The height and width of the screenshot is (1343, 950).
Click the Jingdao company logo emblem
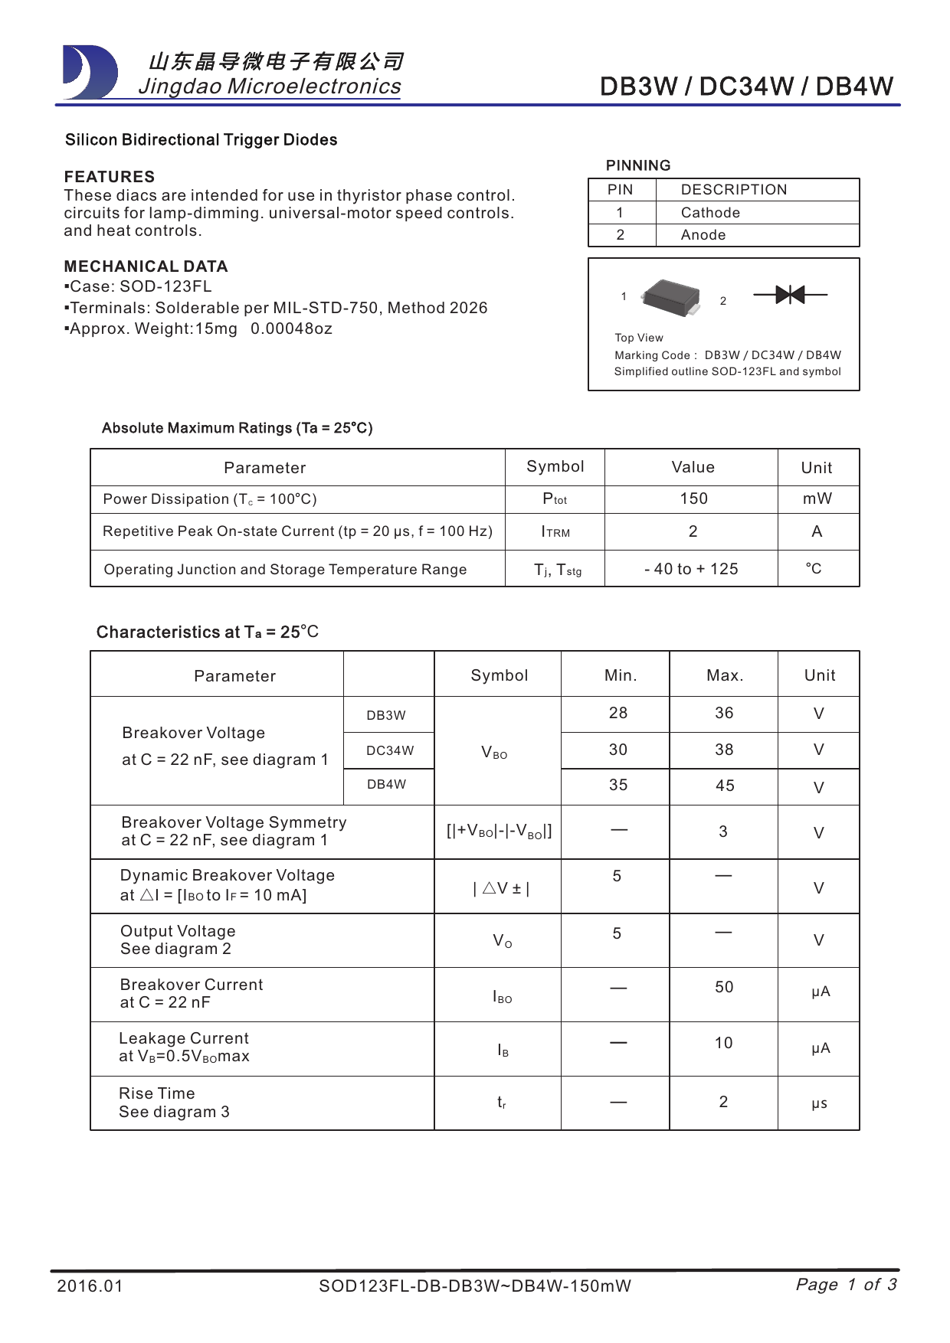click(x=90, y=73)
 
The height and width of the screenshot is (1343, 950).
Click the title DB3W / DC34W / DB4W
click(x=746, y=87)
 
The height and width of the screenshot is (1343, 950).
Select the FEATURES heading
click(x=110, y=177)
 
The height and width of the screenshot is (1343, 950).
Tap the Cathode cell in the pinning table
click(x=710, y=213)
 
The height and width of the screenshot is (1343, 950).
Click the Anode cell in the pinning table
click(x=703, y=235)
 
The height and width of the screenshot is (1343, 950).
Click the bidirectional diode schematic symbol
click(x=790, y=294)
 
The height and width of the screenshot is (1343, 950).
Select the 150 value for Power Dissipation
click(x=693, y=498)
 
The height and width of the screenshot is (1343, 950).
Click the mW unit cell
click(x=817, y=498)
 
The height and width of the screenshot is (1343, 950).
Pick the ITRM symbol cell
click(x=555, y=531)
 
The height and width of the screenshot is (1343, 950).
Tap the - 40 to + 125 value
click(x=691, y=569)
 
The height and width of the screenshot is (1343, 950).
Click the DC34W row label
click(x=389, y=750)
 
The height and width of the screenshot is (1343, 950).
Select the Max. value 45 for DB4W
click(x=724, y=786)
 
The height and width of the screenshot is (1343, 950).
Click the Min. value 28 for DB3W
click(x=617, y=713)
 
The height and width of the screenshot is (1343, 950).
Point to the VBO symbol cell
click(x=495, y=753)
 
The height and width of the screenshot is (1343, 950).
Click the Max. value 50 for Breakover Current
click(x=724, y=987)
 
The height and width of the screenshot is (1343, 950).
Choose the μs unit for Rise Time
click(x=819, y=1103)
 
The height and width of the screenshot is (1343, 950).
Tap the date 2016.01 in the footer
click(x=90, y=1286)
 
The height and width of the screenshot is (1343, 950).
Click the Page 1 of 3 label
click(x=846, y=1284)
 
